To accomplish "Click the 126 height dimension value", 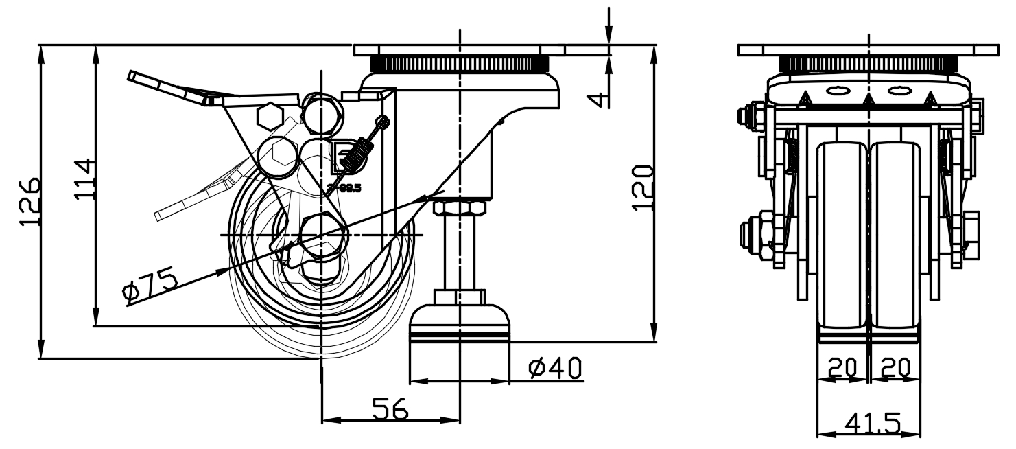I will [x=29, y=203].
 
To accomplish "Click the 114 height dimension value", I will [x=84, y=180].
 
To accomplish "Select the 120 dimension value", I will [x=640, y=188].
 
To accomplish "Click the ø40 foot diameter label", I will [x=555, y=369].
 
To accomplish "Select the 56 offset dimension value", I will [x=390, y=409].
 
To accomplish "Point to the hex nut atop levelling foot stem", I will [x=460, y=207].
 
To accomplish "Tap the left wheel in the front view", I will [x=842, y=233].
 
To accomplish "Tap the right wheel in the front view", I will [x=895, y=233].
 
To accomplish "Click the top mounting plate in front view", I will [x=869, y=50].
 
